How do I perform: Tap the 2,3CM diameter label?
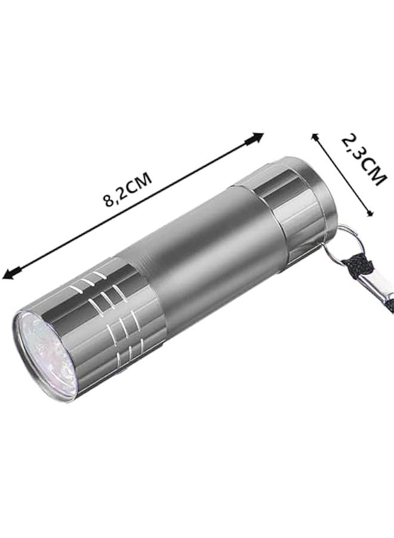[x=360, y=160]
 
